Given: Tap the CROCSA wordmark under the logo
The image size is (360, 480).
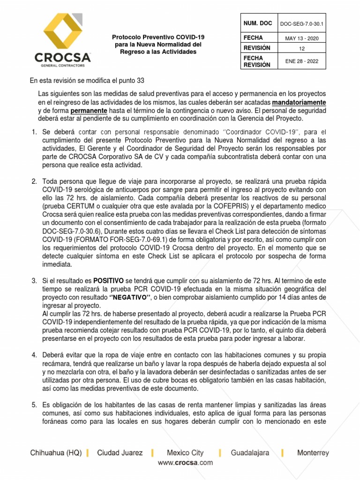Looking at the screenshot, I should (62, 57).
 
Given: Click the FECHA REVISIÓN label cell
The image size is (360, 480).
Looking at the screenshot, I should (257, 61).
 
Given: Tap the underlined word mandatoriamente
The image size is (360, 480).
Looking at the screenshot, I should (299, 102).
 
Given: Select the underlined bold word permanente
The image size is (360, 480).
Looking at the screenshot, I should (90, 110).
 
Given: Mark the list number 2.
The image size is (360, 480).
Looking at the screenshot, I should (34, 181).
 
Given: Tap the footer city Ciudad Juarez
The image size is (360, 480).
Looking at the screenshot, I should (120, 453).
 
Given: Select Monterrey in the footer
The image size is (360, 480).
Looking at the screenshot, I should (313, 453).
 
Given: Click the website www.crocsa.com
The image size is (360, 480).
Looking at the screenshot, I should (185, 463).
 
